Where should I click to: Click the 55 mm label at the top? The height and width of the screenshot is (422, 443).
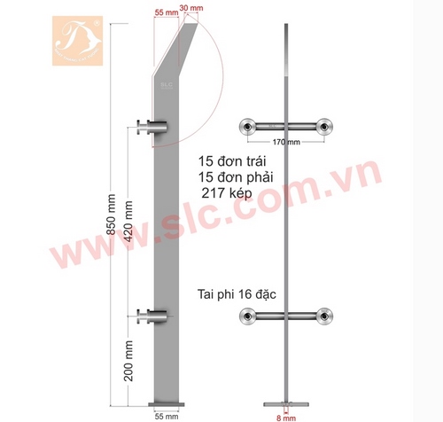point(165,12)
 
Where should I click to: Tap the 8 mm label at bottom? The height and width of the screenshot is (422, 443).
point(285,414)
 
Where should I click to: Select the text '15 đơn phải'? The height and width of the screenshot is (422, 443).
point(236,180)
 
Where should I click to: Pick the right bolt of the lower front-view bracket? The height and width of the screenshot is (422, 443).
point(325,316)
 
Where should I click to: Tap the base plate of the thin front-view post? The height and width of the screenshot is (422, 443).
point(285,402)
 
